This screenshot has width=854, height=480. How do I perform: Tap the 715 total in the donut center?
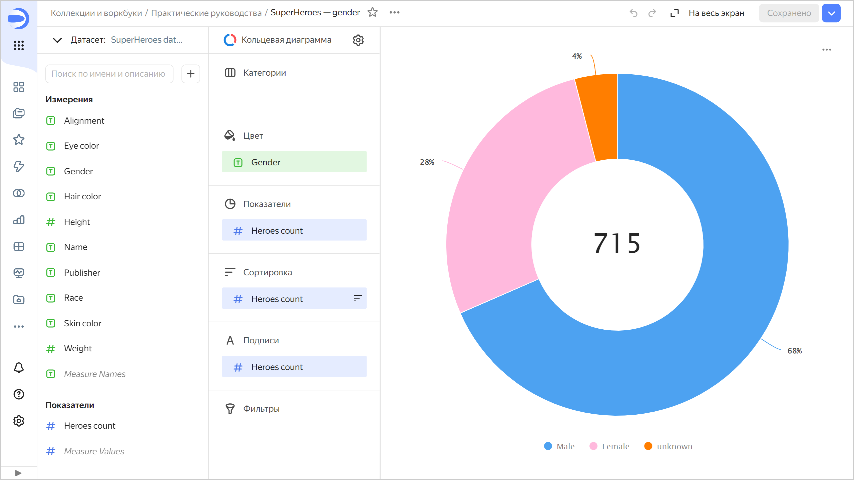point(617,243)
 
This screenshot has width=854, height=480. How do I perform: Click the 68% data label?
point(794,351)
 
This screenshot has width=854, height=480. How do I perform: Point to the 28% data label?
point(427,162)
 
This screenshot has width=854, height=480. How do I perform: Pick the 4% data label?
point(577,56)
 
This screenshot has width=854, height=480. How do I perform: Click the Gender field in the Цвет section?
point(294,162)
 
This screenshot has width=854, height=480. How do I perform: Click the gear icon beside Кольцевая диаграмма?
point(358,40)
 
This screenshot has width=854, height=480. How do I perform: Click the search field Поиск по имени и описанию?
point(109,74)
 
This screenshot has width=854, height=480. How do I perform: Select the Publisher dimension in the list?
point(82,273)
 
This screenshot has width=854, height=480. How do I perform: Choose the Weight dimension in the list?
point(78,348)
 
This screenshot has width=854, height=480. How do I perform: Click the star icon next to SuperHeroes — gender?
point(372,13)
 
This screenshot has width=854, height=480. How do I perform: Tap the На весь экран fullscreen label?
point(716,13)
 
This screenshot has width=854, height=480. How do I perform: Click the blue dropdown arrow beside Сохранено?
point(831,13)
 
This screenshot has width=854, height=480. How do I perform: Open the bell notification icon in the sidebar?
point(19,368)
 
